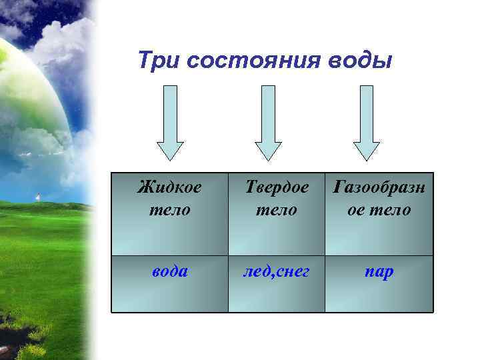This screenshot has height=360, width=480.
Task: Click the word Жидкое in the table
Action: pos(169,187)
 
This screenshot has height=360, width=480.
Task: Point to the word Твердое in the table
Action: pos(277,187)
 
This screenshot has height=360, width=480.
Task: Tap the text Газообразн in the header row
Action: pos(379,187)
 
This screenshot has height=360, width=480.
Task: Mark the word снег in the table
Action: pos(292,272)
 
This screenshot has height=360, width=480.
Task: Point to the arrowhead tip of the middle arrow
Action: pos(268,159)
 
